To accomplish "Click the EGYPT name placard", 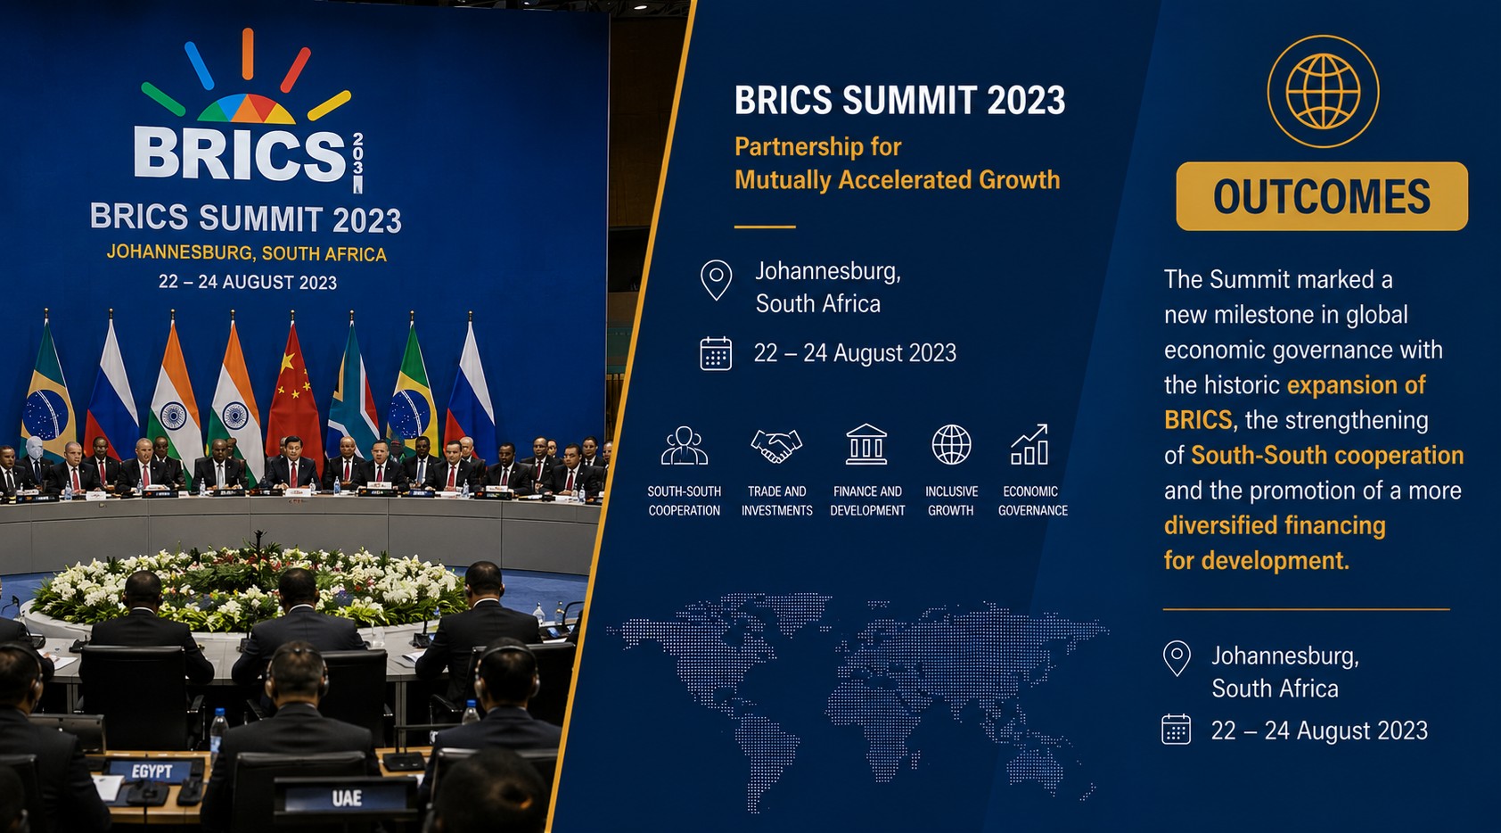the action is tap(152, 771).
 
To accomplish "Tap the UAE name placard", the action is tap(347, 798).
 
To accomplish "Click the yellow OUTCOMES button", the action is tap(1322, 196).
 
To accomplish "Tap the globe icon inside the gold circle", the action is tap(1323, 91).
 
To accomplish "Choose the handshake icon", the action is tap(776, 445).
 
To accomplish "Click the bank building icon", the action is tap(866, 444).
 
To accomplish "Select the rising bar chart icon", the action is tap(1029, 444).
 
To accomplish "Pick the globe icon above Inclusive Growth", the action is tap(952, 444).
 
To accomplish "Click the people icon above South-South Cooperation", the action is tap(685, 445).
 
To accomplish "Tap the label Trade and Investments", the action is tap(776, 500).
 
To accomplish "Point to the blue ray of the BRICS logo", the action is tap(199, 66).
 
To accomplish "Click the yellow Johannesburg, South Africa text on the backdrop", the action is tap(247, 253).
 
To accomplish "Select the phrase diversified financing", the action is tap(1275, 525).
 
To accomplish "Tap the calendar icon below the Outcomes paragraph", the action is tap(1176, 729).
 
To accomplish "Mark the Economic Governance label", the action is tap(1032, 500).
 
